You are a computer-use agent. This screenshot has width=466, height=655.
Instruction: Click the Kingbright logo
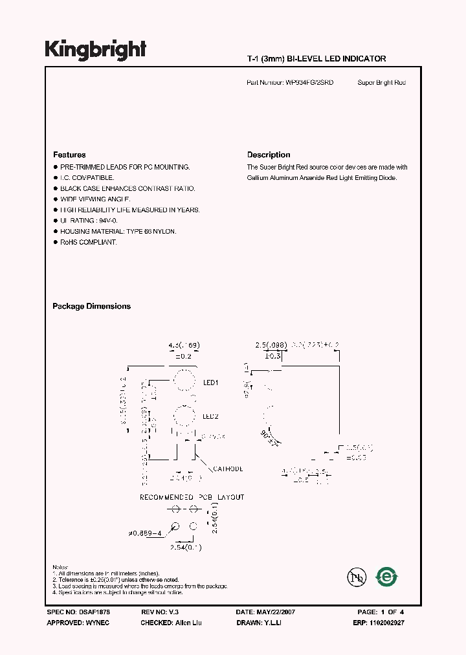tap(95, 49)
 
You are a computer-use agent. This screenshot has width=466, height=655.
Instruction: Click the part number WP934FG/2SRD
tap(309, 83)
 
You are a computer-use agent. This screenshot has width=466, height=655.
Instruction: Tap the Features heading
tap(69, 155)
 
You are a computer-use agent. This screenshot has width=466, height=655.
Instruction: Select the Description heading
tap(269, 155)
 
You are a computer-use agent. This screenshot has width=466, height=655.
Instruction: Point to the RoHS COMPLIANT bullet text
tap(89, 242)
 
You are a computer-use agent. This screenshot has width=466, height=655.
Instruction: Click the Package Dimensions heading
tap(91, 306)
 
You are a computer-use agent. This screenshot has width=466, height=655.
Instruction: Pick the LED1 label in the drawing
tap(211, 383)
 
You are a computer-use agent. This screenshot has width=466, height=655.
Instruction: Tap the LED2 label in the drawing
tap(211, 416)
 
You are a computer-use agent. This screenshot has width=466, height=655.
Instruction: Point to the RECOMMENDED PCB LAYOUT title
tap(192, 497)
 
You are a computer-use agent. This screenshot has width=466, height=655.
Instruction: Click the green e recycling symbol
tap(387, 575)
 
